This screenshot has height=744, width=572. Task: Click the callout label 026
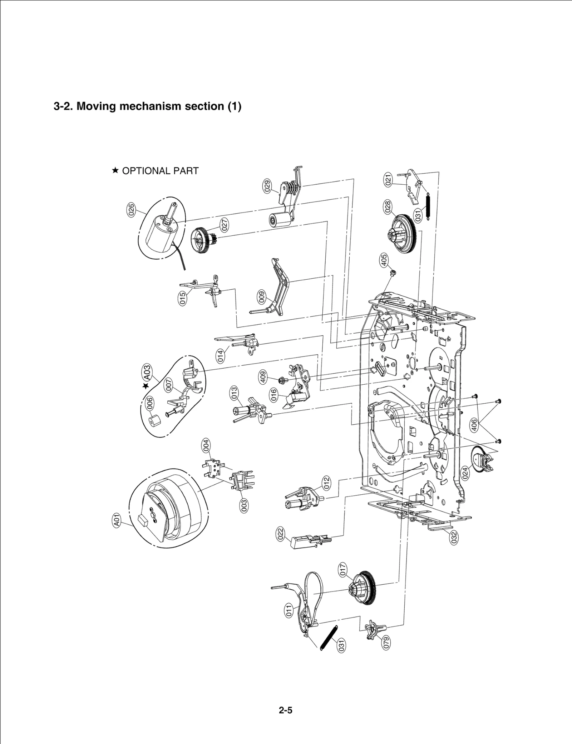pyautogui.click(x=131, y=210)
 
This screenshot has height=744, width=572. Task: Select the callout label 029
pyautogui.click(x=267, y=186)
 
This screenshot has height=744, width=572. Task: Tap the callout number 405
pyautogui.click(x=384, y=260)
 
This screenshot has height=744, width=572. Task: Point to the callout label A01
pyautogui.click(x=117, y=520)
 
